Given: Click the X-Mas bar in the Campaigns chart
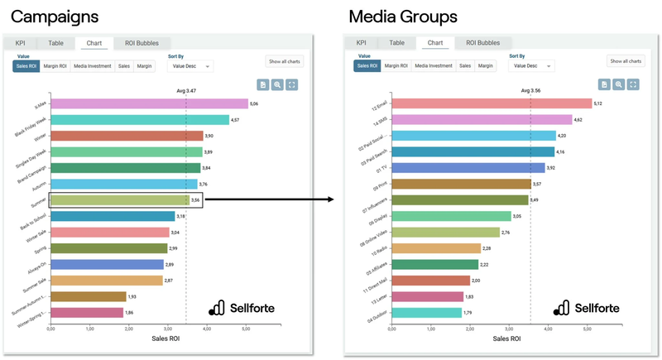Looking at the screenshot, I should point(149,104).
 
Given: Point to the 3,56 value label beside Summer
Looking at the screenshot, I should point(195,200).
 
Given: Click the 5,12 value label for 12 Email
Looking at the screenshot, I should point(599,104).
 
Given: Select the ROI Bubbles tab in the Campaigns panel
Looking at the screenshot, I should point(142,42).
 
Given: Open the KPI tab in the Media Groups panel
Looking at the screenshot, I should point(361,42).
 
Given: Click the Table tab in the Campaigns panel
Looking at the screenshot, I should point(55,42).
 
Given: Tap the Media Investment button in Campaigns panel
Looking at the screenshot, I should point(92,65).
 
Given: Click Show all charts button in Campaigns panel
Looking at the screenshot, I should point(284,61).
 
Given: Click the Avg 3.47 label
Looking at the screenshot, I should point(186,90).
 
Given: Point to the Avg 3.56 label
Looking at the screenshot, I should point(530,90).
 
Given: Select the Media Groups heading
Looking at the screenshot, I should point(402,17).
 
